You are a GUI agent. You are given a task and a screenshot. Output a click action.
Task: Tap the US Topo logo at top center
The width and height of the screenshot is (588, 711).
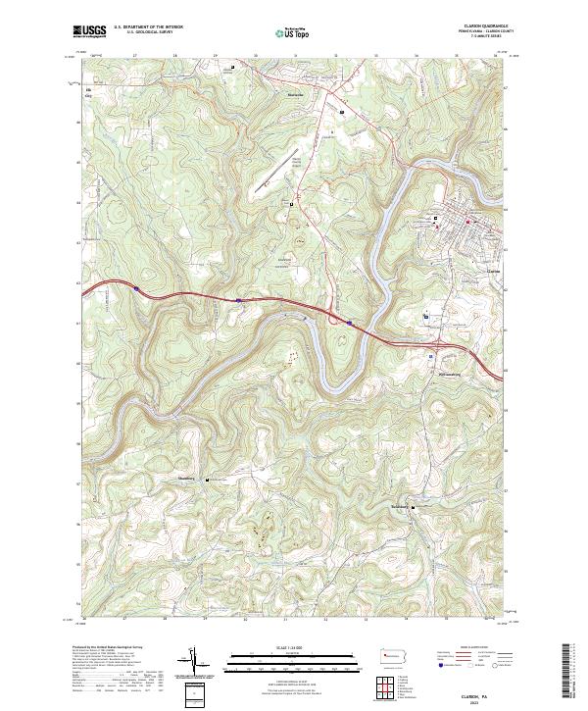click(x=284, y=32)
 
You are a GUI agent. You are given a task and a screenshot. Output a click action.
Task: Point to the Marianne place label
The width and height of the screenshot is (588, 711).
click(x=292, y=94)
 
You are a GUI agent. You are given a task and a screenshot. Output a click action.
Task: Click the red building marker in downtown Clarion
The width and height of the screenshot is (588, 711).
click(x=467, y=221)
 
